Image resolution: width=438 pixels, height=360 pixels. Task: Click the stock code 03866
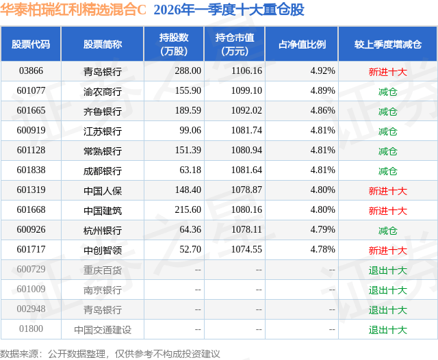31,70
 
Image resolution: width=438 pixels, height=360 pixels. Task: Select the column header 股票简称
103,44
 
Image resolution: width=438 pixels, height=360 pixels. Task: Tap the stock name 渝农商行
103,90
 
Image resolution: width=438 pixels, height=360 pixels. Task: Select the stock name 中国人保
103,190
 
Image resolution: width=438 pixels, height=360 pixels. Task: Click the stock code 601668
31,210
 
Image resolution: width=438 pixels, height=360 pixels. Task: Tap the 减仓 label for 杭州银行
387,230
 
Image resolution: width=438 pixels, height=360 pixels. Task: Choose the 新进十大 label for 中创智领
387,250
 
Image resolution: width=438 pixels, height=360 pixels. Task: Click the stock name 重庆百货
103,270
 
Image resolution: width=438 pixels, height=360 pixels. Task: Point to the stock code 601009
31,290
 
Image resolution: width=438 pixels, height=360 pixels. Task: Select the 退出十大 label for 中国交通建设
387,330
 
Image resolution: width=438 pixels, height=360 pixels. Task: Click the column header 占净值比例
302,44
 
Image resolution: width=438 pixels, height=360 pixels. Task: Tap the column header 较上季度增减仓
387,44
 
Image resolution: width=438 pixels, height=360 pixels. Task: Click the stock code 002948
31,310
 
